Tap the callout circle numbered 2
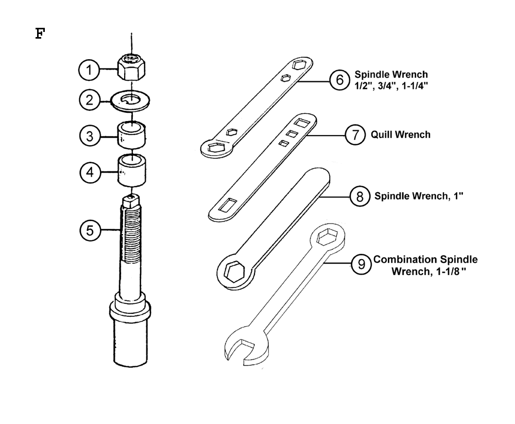click(x=89, y=99)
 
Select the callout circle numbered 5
click(x=90, y=231)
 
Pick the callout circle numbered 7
click(x=354, y=135)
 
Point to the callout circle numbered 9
click(x=362, y=265)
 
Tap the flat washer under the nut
click(x=131, y=100)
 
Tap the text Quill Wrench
click(x=401, y=135)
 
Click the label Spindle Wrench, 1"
click(x=419, y=196)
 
